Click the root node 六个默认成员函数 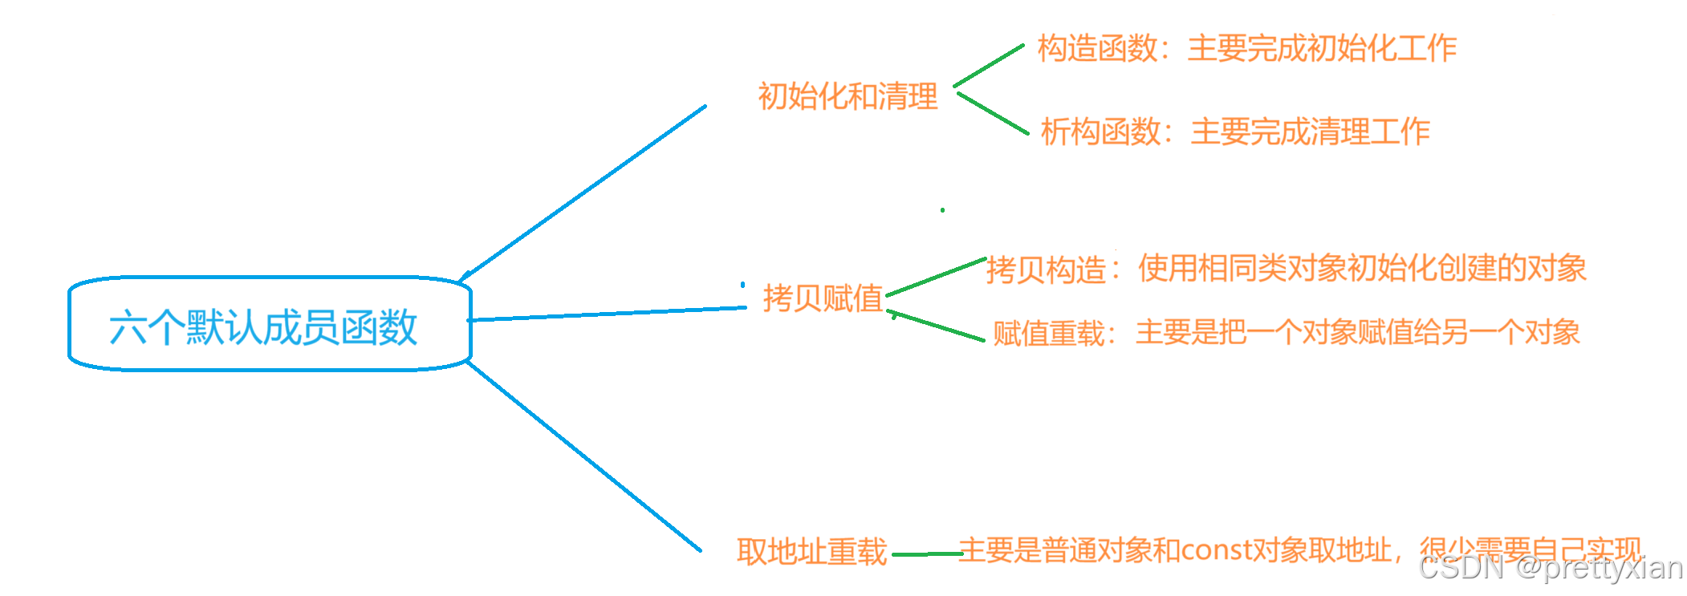[x=263, y=326]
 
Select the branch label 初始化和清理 [x=848, y=96]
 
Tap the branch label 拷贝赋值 [x=823, y=298]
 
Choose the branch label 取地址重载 [x=811, y=552]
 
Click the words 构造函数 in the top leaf [x=1097, y=49]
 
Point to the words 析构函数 [x=1100, y=132]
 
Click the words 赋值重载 [x=1049, y=333]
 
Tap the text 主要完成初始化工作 [x=1322, y=49]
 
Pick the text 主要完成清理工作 [x=1310, y=132]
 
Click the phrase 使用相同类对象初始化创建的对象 [x=1362, y=268]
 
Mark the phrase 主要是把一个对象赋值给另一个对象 [x=1357, y=332]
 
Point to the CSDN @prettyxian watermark [x=1550, y=568]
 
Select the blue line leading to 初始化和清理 [x=582, y=193]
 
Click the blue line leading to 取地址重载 [x=583, y=456]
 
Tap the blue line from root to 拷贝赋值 [x=607, y=314]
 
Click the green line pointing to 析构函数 [x=993, y=113]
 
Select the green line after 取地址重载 [x=925, y=553]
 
